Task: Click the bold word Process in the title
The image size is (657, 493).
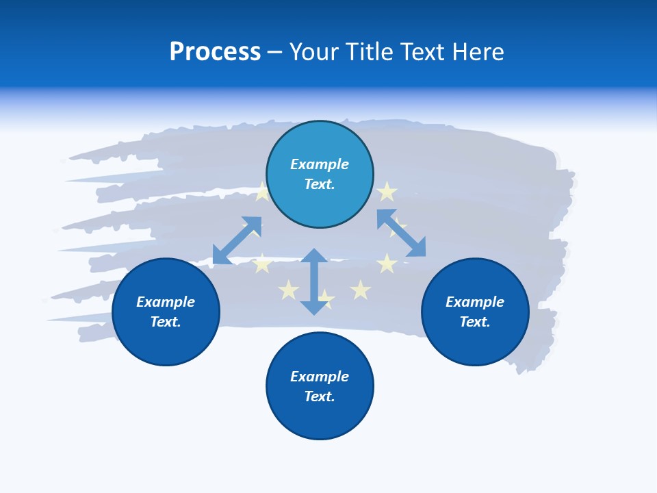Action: [215, 52]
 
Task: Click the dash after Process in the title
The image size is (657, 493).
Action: [274, 53]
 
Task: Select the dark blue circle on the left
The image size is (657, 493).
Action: [166, 312]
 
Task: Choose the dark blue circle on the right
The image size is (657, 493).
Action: [475, 312]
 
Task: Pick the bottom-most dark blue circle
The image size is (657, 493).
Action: [320, 386]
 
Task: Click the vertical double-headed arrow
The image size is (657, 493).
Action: [314, 281]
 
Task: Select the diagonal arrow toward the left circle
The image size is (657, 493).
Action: [237, 240]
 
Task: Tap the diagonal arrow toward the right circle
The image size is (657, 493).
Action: [401, 233]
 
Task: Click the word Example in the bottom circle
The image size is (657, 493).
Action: [320, 377]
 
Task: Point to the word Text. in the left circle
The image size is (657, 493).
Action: [166, 322]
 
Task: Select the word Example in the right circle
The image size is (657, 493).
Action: [475, 302]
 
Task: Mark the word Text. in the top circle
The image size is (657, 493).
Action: [320, 184]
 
